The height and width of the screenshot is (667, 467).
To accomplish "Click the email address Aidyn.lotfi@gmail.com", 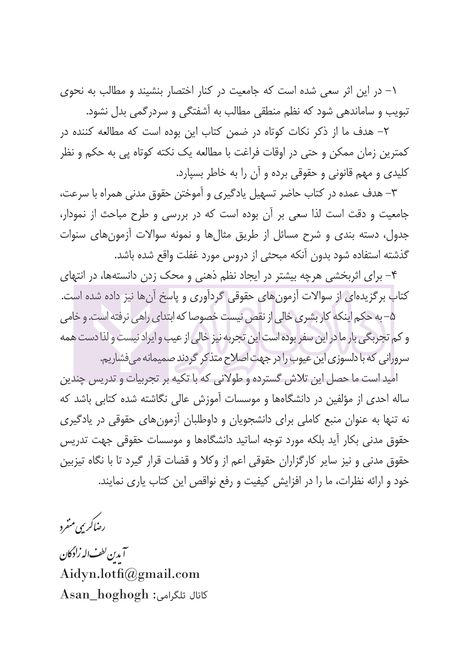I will tap(129, 574).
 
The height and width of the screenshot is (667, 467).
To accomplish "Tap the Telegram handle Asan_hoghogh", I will tap(103, 595).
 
